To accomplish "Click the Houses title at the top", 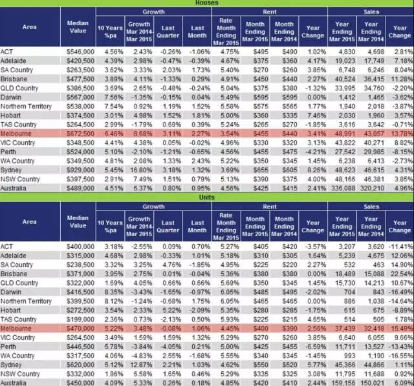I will click(x=206, y=3).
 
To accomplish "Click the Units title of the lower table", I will click(x=206, y=196).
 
